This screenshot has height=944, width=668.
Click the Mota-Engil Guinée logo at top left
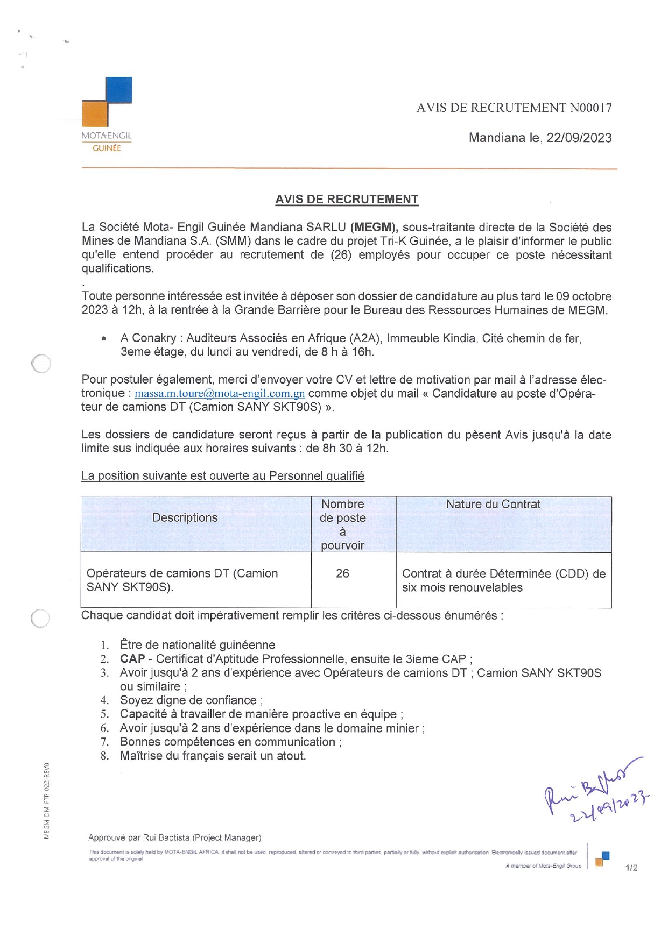click(x=107, y=114)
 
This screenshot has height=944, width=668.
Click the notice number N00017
click(x=590, y=108)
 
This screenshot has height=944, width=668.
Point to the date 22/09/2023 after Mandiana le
click(x=579, y=138)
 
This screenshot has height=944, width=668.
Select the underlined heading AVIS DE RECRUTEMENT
click(x=347, y=200)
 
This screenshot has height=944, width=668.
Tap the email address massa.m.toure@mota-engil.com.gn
click(x=220, y=394)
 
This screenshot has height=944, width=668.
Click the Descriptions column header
click(x=185, y=517)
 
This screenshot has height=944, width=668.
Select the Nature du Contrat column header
click(x=493, y=504)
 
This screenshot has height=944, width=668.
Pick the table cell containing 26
click(x=342, y=573)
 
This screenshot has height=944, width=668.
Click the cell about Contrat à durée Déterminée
click(x=503, y=580)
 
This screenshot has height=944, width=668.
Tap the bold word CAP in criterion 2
click(x=132, y=659)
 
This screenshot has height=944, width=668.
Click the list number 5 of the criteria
click(x=104, y=714)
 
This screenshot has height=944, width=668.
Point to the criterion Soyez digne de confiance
click(x=188, y=700)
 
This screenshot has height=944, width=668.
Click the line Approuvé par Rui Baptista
click(x=174, y=837)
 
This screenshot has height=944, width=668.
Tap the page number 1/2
click(x=631, y=868)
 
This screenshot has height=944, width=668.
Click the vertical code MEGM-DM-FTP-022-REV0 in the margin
click(x=47, y=800)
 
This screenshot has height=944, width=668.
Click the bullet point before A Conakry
click(x=103, y=339)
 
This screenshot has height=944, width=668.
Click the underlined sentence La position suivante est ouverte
click(x=223, y=476)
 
